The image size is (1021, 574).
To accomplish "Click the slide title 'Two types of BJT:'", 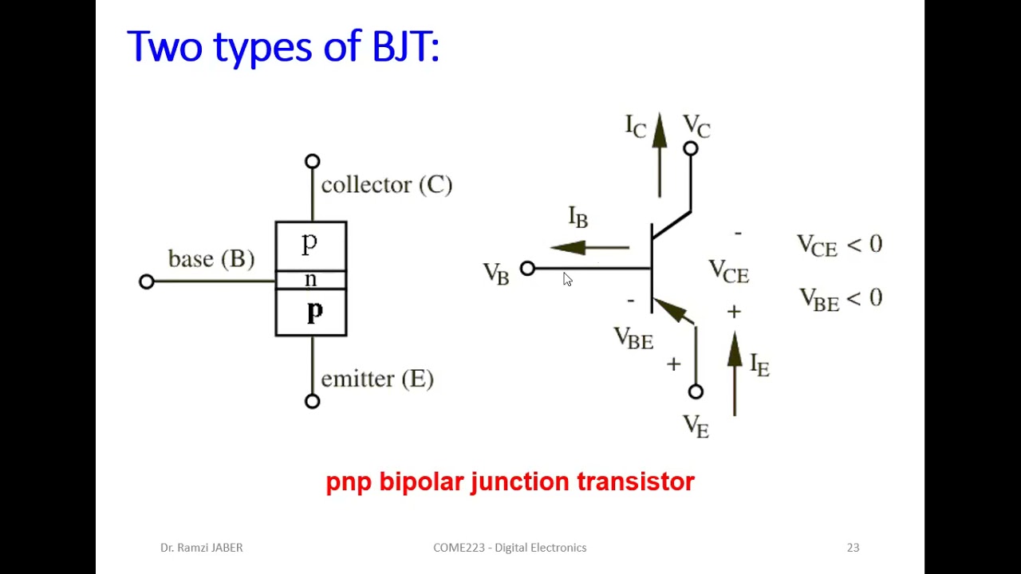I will [283, 46].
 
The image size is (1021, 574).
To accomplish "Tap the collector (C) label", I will [386, 185].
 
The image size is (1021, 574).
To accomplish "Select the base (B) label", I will [211, 259].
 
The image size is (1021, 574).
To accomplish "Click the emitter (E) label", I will [376, 379].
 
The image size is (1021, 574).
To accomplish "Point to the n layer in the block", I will [310, 280].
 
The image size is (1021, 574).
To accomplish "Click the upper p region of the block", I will [310, 244].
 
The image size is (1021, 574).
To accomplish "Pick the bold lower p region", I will [314, 312].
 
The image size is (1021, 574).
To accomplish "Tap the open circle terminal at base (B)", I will [146, 281].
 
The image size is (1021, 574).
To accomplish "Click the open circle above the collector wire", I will [312, 162].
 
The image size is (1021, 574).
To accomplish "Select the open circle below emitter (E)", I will [312, 401].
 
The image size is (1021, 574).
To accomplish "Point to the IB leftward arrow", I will [589, 248].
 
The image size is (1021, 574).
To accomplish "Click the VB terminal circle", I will [527, 269].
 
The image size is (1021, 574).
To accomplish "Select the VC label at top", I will [696, 126].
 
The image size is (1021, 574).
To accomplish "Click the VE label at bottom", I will [696, 426].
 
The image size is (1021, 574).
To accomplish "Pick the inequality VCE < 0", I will [839, 245].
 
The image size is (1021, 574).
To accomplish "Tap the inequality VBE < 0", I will [841, 299].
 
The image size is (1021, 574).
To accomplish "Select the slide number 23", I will [853, 547].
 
